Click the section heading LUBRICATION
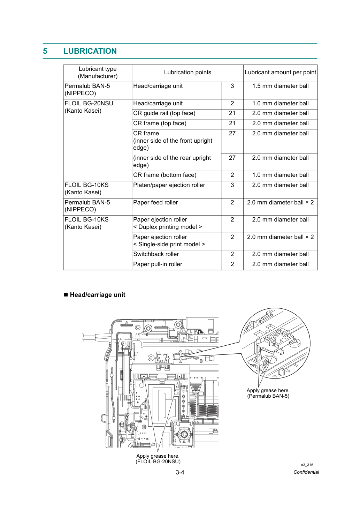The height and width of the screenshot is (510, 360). click(x=90, y=51)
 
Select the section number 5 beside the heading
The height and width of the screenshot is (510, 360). click(x=45, y=51)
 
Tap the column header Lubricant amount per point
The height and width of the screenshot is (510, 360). click(x=280, y=73)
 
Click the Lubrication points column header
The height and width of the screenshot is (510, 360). click(x=187, y=73)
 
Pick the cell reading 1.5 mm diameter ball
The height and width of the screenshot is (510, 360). click(x=280, y=86)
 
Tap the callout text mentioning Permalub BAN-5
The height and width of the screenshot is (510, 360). click(x=268, y=393)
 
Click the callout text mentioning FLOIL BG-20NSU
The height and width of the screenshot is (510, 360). click(x=158, y=459)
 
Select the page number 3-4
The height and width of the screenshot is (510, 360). click(x=180, y=472)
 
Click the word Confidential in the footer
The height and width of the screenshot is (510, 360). click(x=306, y=472)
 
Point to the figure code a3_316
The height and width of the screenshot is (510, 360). click(x=307, y=465)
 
